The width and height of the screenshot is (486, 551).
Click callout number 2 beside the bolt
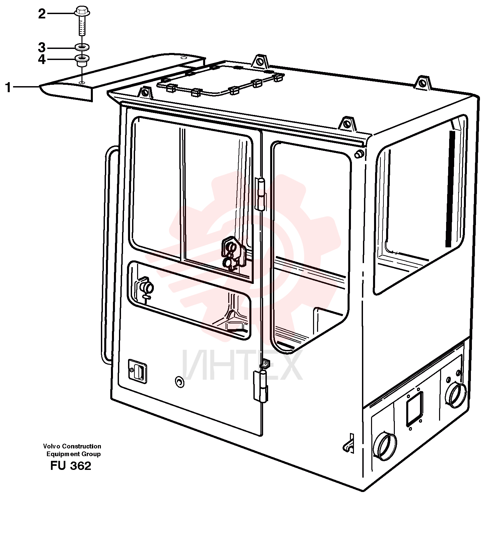coord(42,14)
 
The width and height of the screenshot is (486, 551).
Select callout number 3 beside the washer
coord(42,47)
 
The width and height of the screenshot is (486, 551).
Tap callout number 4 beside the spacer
coord(42,59)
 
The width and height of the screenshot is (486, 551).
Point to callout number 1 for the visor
coord(8,88)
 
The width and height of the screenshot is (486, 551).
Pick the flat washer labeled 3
coord(81,46)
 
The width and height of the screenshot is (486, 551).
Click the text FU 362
coord(71,466)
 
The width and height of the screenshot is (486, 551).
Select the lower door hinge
coord(261,385)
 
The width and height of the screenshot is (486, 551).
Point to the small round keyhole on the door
coord(180,382)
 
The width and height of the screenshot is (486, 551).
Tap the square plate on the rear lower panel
coord(415,409)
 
